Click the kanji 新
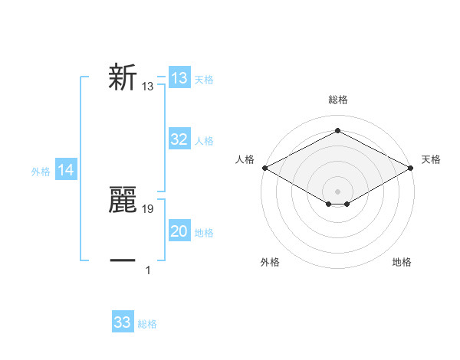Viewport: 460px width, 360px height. (123, 78)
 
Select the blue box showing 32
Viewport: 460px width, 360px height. (179, 139)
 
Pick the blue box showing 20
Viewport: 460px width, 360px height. (179, 231)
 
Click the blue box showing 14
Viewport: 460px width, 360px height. (66, 171)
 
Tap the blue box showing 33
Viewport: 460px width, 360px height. (123, 322)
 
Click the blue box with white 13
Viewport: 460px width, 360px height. (179, 78)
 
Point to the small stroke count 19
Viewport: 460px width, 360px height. (148, 208)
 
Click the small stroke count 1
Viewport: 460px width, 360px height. (148, 270)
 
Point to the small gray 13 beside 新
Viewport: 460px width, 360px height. (148, 87)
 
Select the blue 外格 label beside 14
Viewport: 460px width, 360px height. (41, 172)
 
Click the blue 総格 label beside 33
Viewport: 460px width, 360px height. (147, 324)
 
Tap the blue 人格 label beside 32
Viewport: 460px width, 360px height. (204, 141)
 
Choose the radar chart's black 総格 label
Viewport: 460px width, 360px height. (337, 100)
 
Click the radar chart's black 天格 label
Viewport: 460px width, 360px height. (431, 159)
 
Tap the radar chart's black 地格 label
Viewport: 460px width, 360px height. (402, 263)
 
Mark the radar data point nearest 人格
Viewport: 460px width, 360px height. (264, 168)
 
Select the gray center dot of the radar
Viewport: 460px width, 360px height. (337, 191)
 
